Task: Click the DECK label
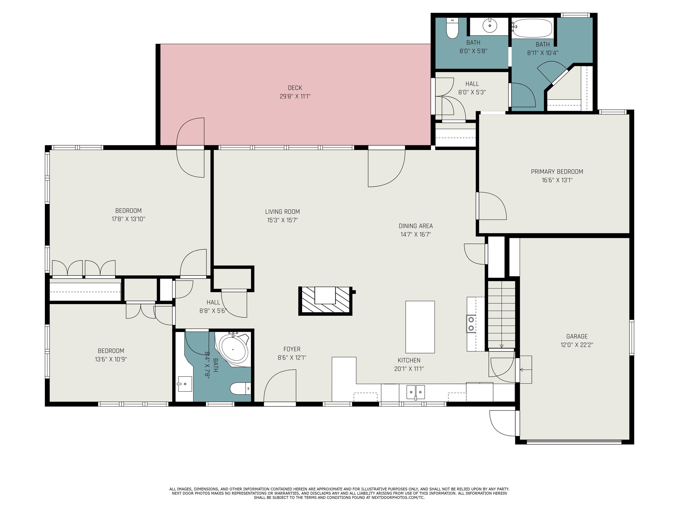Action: coord(295,88)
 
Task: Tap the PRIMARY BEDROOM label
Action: coord(557,172)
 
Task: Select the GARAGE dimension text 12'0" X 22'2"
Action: coord(577,345)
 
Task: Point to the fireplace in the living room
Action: coord(325,301)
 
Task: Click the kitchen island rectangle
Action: coord(420,327)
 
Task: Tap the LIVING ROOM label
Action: coord(282,212)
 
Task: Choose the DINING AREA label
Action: coord(416,226)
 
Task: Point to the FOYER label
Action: coord(292,349)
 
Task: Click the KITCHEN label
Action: coord(409,361)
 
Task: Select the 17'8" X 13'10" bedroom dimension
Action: coord(128,219)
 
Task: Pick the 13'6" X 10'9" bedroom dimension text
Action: coord(111,359)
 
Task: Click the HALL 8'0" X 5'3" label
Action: coord(472,88)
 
